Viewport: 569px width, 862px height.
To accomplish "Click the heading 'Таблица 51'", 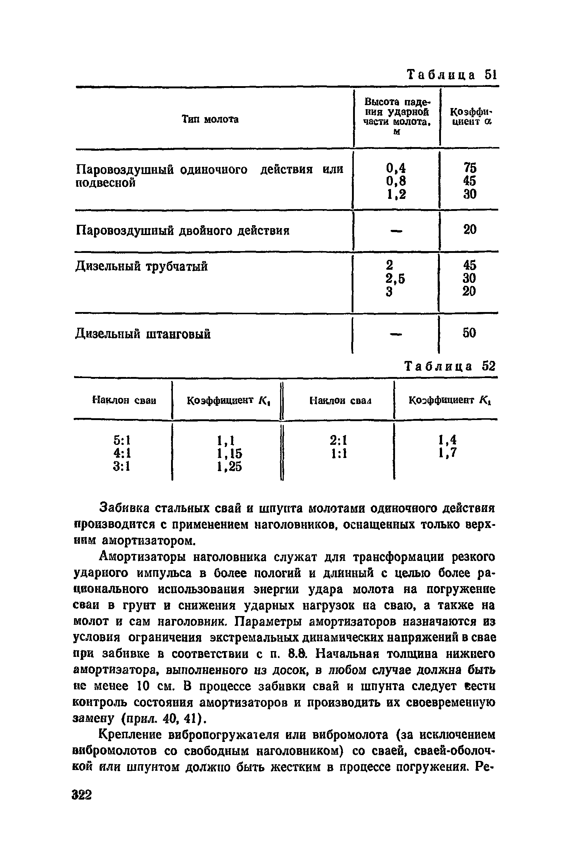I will coord(451,75).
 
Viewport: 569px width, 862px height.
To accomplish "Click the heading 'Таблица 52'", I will coord(450,366).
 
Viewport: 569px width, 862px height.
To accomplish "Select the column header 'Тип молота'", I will coord(210,119).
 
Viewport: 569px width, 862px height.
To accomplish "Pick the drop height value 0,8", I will coord(396,181).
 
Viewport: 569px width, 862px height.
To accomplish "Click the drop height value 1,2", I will coord(396,194).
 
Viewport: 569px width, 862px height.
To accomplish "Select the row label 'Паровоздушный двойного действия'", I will coord(182,231).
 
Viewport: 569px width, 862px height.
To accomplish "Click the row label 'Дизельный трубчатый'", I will coord(142,266).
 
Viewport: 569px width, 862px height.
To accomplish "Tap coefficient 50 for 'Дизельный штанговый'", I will coord(469,333).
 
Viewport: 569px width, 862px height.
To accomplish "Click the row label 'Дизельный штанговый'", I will coord(143,334).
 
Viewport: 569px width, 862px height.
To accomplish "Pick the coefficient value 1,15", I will coord(230,453).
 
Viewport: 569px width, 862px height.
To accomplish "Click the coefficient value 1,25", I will coord(230,466).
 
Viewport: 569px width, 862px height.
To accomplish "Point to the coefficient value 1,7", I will coord(448,453).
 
